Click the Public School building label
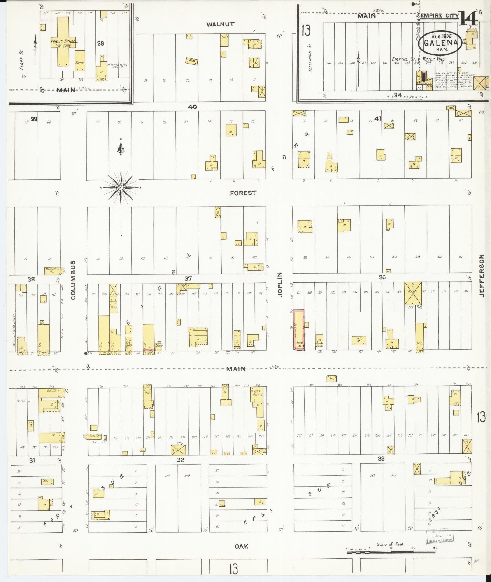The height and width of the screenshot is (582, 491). point(64,41)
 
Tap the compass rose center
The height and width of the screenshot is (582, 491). point(121,188)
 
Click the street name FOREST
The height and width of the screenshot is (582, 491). point(243,193)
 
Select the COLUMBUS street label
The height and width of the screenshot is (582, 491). point(73,280)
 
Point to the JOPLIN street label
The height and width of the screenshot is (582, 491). point(280,284)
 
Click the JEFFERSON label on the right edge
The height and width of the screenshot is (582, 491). point(482,276)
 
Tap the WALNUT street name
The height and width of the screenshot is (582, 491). point(220,24)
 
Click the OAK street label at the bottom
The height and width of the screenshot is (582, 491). point(241,546)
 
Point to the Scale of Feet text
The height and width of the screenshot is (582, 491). point(390,544)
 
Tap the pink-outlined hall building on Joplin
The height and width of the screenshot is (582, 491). point(299,330)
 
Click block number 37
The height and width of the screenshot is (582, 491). point(188,278)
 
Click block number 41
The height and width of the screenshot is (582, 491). point(378,119)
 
